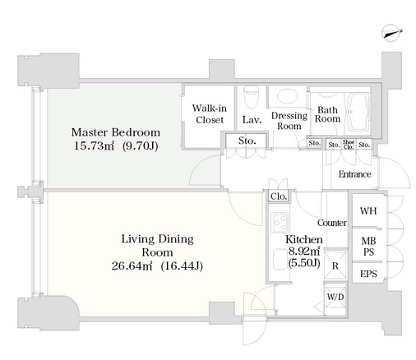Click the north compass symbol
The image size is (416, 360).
(x=391, y=34)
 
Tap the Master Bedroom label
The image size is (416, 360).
(x=116, y=132)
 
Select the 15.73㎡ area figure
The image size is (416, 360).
(x=94, y=145)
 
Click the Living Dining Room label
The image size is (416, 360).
(x=157, y=246)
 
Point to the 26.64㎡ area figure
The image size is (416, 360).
(x=132, y=265)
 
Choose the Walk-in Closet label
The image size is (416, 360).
(x=210, y=114)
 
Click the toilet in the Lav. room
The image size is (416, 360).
(x=252, y=97)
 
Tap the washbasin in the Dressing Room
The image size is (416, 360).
(x=287, y=96)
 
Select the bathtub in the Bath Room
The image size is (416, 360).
(x=357, y=112)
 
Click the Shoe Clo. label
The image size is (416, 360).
(x=349, y=144)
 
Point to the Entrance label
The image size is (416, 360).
(x=355, y=174)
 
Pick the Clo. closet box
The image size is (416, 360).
(x=279, y=196)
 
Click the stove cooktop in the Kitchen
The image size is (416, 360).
(x=280, y=223)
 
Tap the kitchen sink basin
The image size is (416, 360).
(x=280, y=259)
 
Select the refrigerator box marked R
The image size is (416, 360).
(x=335, y=265)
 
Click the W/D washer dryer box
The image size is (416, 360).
(x=335, y=298)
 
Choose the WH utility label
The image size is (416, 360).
(x=368, y=211)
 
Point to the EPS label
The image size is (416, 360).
(x=368, y=274)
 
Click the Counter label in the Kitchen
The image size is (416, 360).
(x=332, y=223)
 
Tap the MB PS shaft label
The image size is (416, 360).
(x=368, y=247)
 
